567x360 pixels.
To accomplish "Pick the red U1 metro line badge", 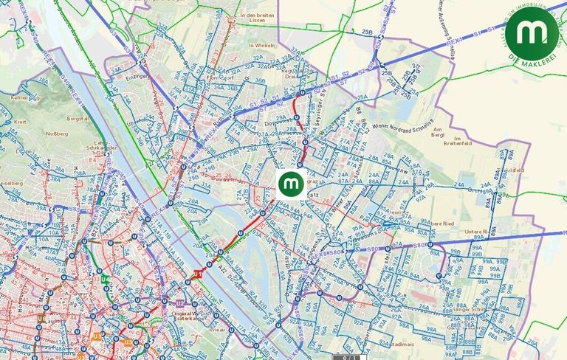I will coord(197,274).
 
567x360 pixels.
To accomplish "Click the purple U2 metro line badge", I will coord(179,303).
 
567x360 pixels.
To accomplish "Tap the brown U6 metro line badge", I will coord(41,319).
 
